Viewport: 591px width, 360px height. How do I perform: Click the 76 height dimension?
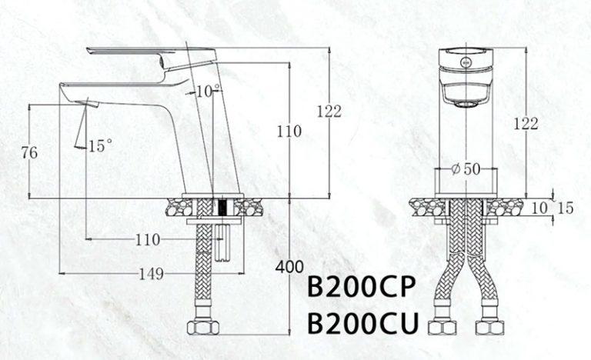click(29, 152)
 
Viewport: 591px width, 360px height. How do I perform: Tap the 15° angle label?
click(100, 146)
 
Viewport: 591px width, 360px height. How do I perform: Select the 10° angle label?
click(208, 92)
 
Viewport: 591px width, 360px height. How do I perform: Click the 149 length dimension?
click(152, 274)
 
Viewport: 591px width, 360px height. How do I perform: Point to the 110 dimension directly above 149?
click(148, 240)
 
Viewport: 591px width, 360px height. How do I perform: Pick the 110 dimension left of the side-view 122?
click(289, 132)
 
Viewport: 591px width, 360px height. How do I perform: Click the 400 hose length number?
click(289, 267)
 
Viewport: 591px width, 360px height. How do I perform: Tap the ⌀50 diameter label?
click(466, 169)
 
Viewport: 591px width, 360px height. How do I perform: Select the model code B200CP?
click(361, 287)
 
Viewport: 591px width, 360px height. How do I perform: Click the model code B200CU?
click(363, 323)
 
